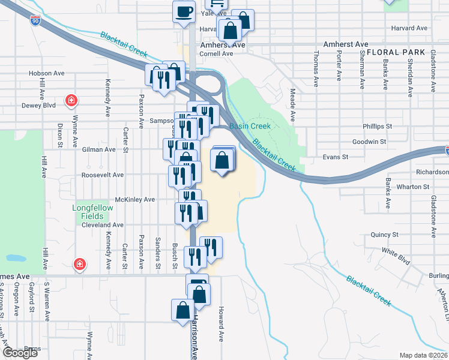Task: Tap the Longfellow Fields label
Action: (89, 212)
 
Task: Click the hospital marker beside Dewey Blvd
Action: (71, 100)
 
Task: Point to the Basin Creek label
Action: (250, 126)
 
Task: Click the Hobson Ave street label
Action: (46, 73)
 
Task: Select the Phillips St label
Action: (377, 127)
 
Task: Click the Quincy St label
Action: (385, 235)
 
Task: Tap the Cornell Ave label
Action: (216, 53)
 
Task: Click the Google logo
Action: (20, 353)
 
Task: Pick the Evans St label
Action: (336, 157)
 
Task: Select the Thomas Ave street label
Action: (316, 68)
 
